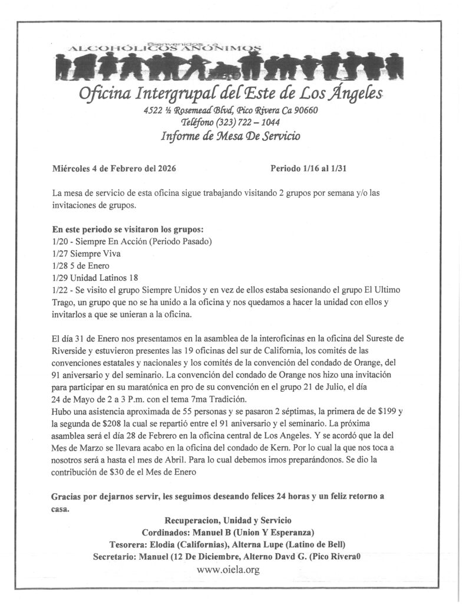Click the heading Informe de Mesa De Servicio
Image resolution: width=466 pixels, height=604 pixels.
point(230,136)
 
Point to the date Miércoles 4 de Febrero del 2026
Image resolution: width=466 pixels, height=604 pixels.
point(114,168)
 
